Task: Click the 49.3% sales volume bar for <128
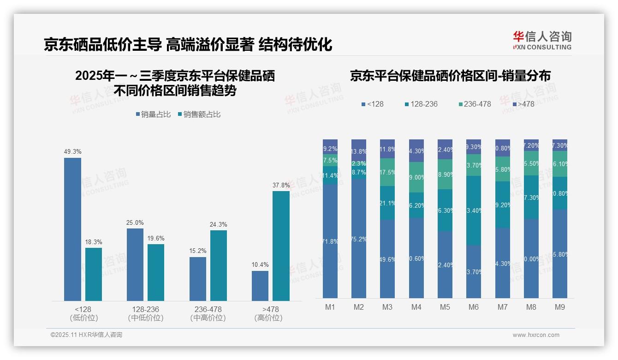tap(72, 229)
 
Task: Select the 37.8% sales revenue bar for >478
tap(281, 246)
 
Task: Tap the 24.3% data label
tap(219, 225)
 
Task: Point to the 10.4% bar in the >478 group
tap(260, 286)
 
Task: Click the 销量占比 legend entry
tap(153, 114)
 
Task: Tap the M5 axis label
tap(445, 307)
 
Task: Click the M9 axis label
tap(560, 307)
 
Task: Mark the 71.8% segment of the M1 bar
tap(330, 241)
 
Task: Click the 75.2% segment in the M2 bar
tap(359, 239)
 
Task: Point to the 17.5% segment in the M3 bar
tap(387, 172)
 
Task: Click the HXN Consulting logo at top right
tap(542, 41)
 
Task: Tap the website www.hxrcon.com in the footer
tap(536, 335)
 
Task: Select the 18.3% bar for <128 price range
tap(94, 274)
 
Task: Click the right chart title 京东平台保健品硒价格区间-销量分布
tap(450, 76)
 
